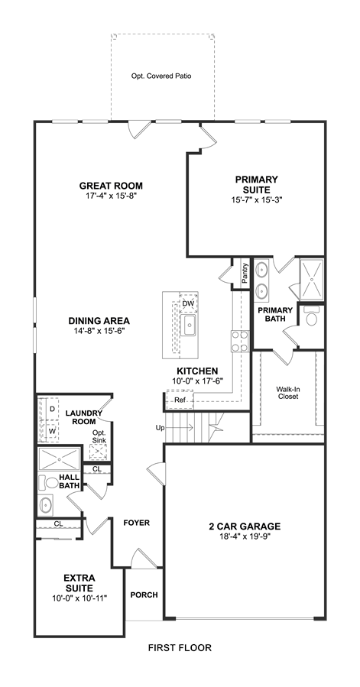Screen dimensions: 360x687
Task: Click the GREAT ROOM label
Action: coord(111,186)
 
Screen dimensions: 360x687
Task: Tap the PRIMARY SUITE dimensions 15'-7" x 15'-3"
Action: coord(257,199)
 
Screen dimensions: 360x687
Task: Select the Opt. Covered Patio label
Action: coord(161,76)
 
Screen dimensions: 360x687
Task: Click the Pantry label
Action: coord(245,273)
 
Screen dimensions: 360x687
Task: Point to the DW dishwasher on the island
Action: coord(188,303)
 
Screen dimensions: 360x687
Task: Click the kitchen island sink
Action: coord(190,324)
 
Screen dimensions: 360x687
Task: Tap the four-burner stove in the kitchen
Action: coord(240,341)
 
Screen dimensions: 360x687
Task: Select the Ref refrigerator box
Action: coord(180,400)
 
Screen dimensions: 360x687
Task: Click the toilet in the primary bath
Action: coord(312,317)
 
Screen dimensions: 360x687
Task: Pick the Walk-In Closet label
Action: coord(287,393)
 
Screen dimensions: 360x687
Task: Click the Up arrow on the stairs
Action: coord(180,427)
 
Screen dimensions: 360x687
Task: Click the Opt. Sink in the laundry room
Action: coord(99,452)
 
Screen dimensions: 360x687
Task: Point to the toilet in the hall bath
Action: coord(49,483)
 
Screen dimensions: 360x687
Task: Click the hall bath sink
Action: coord(46,504)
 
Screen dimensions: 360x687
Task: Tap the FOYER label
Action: coord(136,523)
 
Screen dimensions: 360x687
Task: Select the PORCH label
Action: coord(144,595)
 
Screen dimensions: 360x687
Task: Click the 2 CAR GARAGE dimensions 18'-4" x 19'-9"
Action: coord(245,536)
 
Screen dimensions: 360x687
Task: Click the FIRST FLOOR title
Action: coord(180,647)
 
